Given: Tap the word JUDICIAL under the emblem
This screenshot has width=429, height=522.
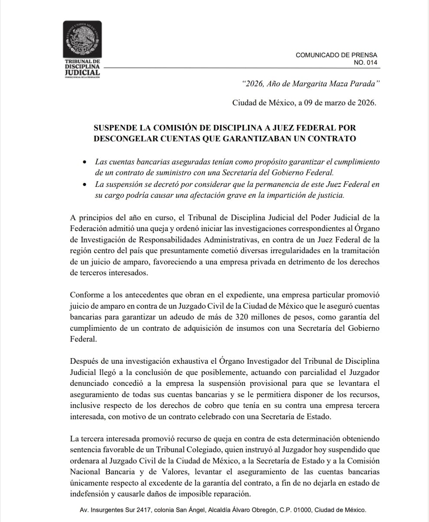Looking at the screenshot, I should click(x=82, y=72).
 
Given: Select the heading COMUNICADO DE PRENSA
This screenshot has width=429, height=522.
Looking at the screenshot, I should click(x=336, y=55).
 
